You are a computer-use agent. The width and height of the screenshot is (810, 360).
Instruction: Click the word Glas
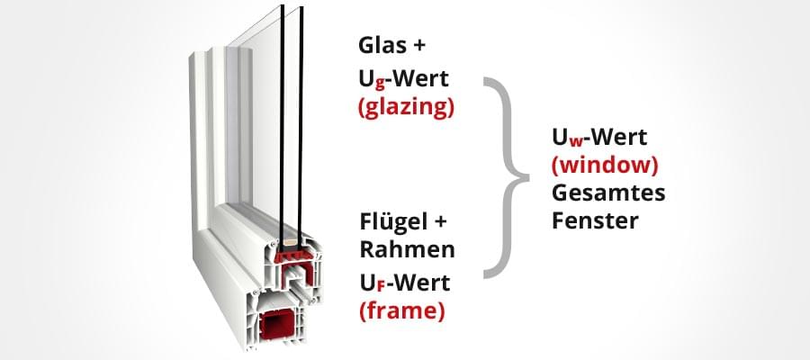tap(382, 45)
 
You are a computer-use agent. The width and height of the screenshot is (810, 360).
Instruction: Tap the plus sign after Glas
tap(418, 46)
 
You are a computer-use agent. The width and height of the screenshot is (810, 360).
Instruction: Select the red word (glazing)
tap(406, 109)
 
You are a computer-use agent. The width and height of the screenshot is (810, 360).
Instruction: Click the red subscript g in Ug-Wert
tap(380, 85)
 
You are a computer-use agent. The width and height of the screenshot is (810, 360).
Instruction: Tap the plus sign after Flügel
tap(439, 223)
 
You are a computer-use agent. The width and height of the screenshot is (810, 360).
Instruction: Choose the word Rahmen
tap(407, 249)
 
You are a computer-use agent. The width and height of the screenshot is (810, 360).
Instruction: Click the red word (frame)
tap(401, 311)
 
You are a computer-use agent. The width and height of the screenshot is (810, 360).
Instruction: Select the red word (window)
tap(605, 165)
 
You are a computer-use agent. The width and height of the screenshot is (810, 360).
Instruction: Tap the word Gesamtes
tap(608, 193)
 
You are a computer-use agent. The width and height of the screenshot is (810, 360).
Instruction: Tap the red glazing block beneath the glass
tap(292, 256)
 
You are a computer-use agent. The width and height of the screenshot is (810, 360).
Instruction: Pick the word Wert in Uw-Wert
tap(617, 138)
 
